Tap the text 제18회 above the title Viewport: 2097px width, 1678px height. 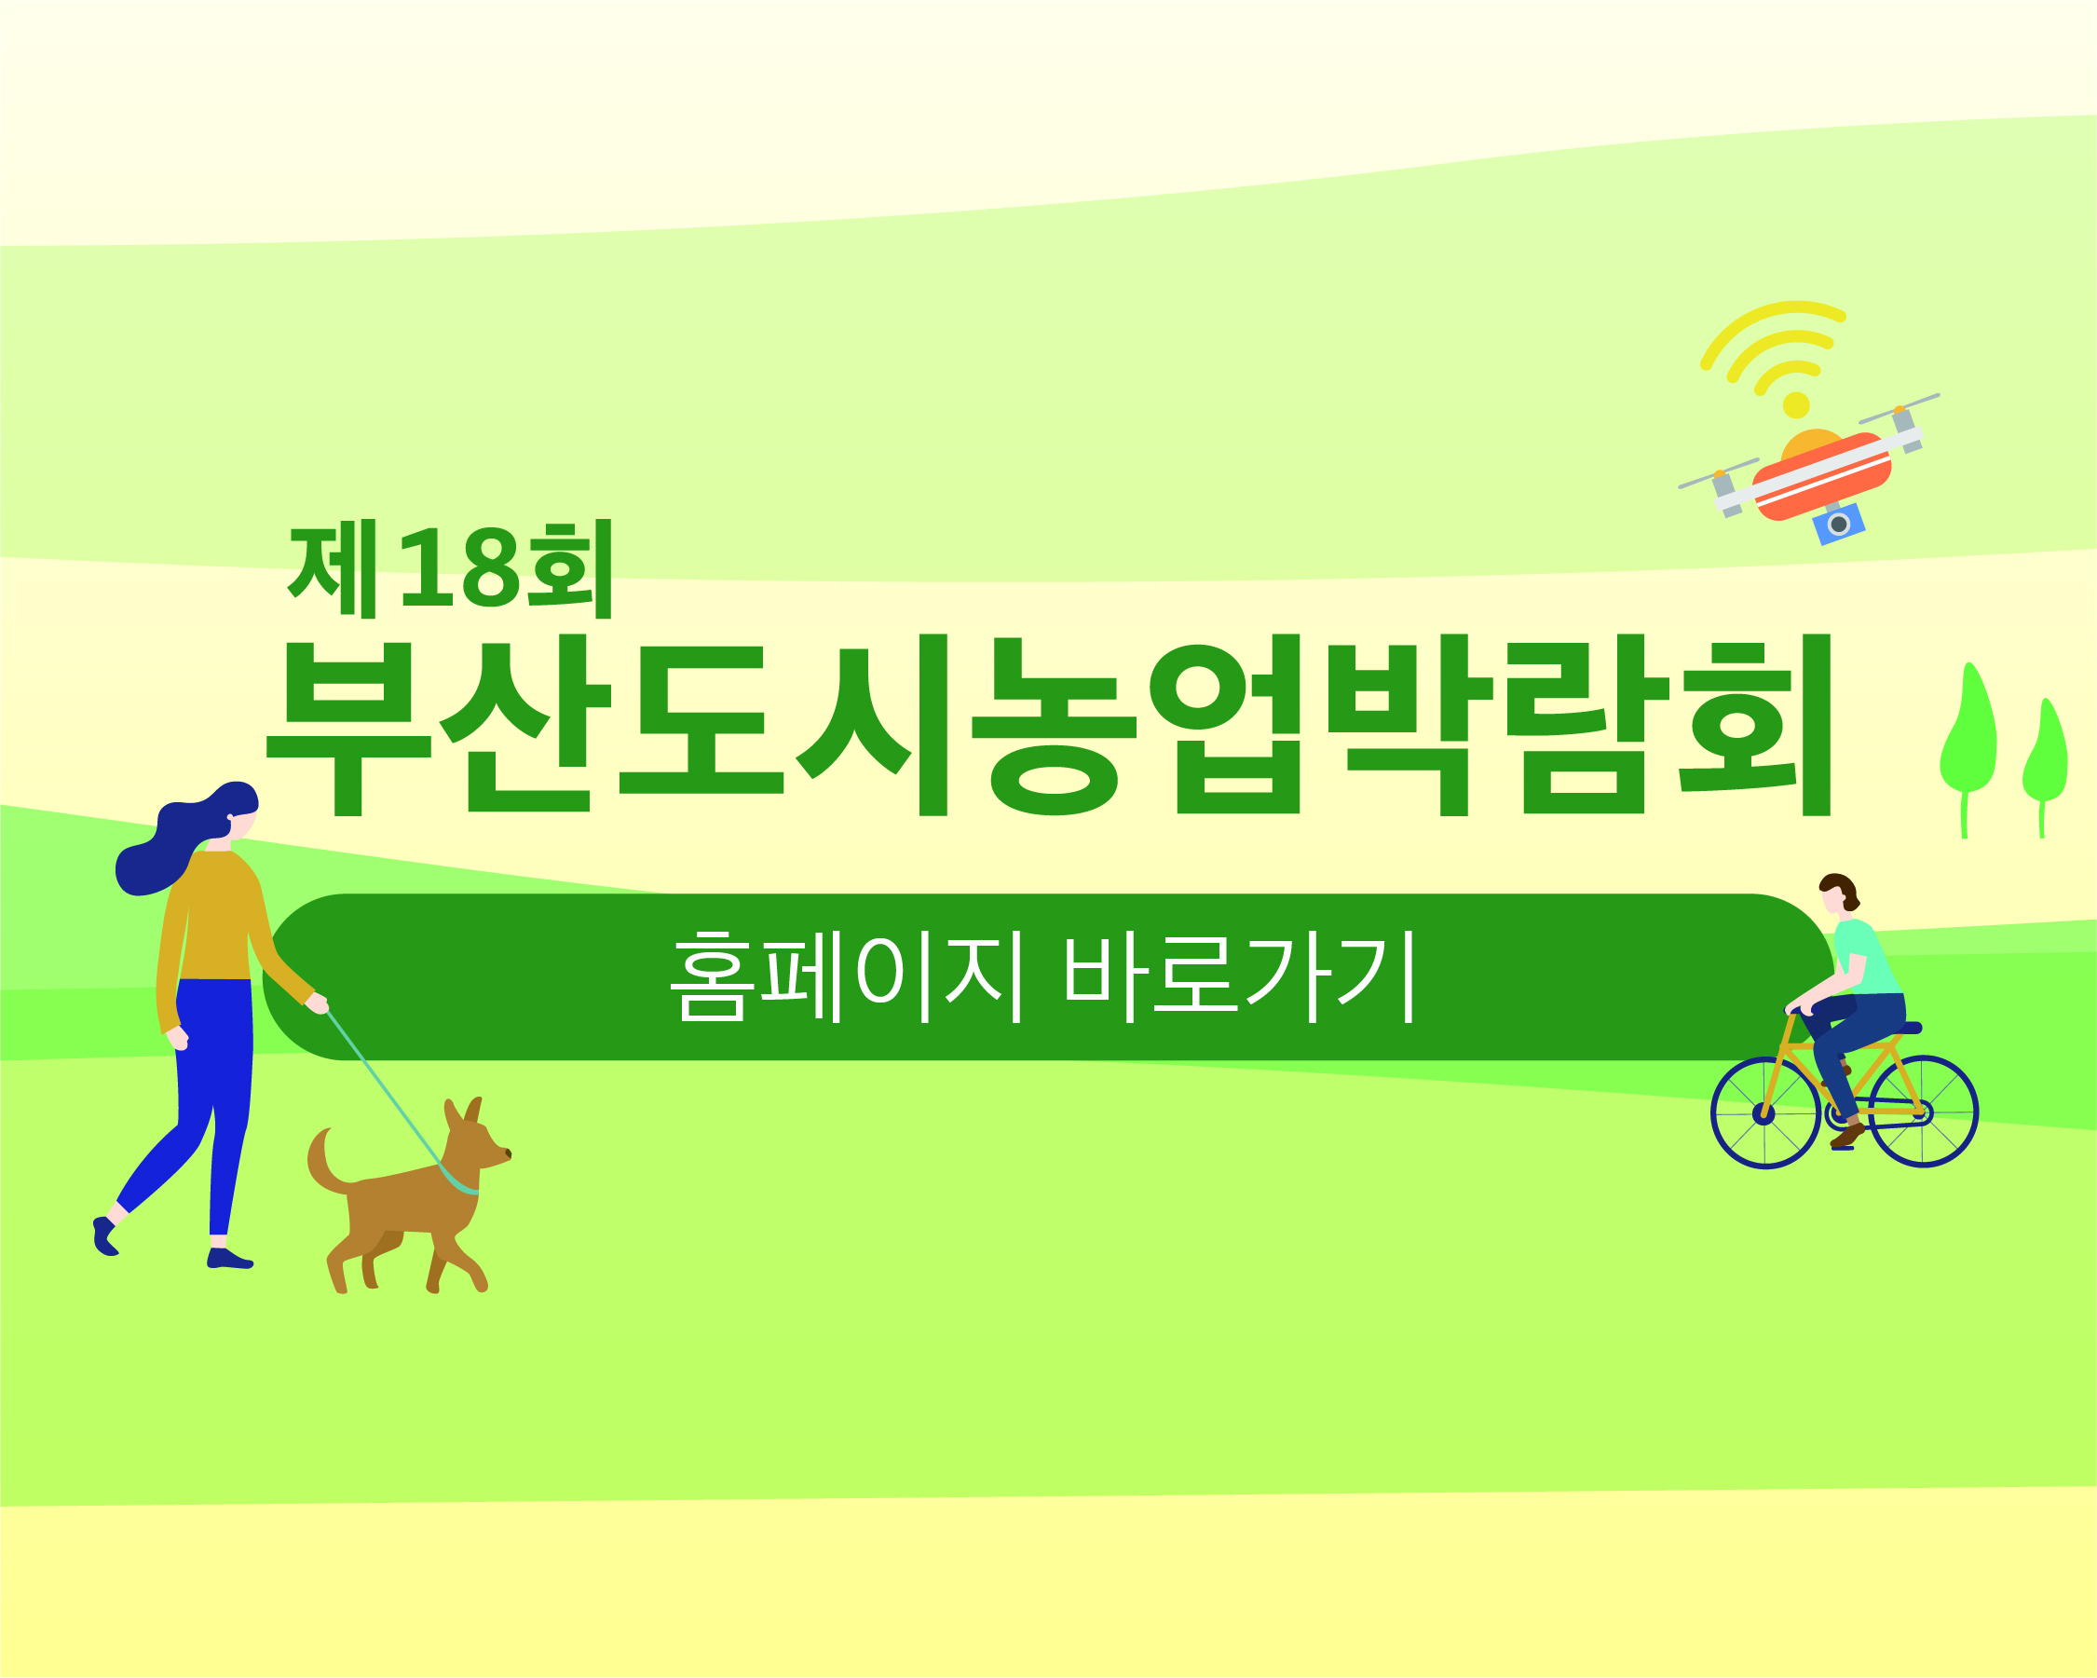[x=450, y=569]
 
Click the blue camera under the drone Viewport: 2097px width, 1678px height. [x=1838, y=525]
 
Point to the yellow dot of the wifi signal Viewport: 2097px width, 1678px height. [x=1796, y=404]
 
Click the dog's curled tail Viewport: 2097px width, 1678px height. [x=325, y=1161]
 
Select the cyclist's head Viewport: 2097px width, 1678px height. [x=1837, y=893]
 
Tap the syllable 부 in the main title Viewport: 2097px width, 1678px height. [x=348, y=729]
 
